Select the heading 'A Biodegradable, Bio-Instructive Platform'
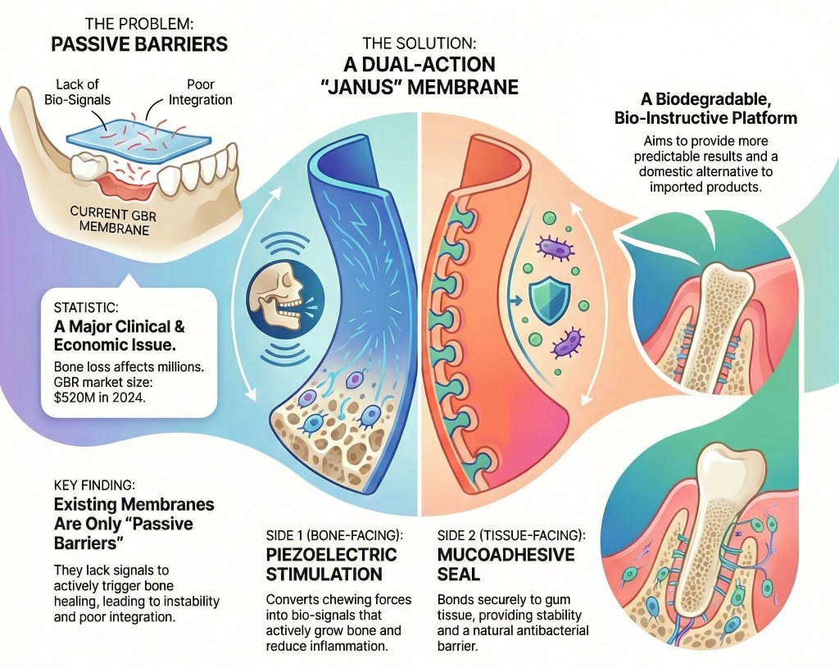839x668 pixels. [705, 109]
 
